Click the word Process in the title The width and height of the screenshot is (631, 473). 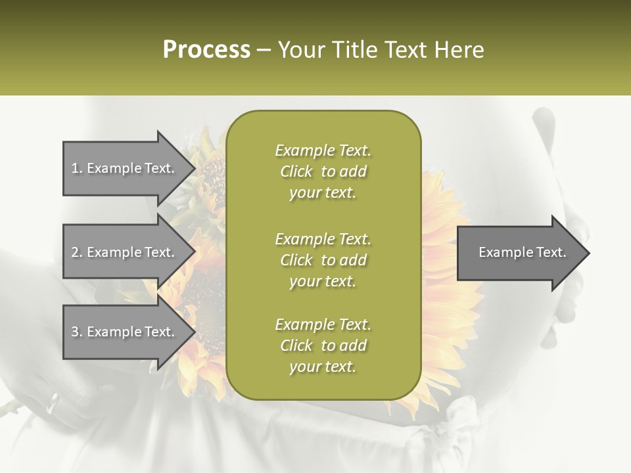coord(206,50)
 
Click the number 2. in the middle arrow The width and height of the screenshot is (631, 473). coord(77,252)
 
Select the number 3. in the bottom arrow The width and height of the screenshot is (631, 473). coord(77,332)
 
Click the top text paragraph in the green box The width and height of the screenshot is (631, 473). coord(323,171)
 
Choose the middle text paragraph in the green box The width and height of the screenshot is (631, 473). coord(323,259)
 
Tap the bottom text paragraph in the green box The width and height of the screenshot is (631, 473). coord(323,346)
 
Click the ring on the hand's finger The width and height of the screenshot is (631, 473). coord(53,403)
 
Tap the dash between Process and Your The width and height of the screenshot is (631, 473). coord(264,50)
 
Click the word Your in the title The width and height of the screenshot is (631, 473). coord(302,50)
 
